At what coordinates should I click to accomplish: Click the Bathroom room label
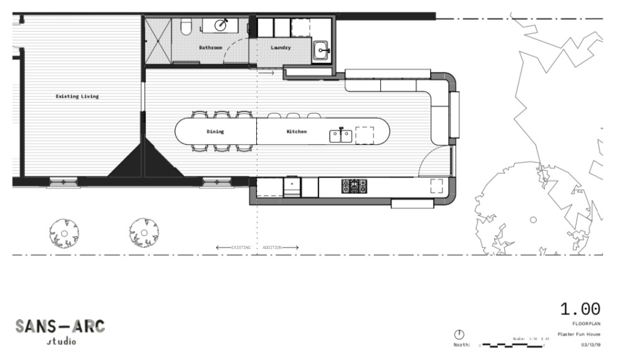211,47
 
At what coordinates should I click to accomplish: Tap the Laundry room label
280,47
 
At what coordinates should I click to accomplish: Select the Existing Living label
77,97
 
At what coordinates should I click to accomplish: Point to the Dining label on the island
215,131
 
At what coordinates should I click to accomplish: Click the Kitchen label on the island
296,131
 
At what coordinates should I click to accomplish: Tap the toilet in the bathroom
185,26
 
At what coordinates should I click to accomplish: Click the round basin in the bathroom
221,25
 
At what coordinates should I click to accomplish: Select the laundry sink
321,49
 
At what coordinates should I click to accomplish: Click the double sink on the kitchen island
340,135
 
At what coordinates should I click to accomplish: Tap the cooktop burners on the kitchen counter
354,185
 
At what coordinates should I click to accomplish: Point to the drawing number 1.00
580,309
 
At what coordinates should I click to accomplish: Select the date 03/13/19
590,343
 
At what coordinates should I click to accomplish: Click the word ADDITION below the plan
272,247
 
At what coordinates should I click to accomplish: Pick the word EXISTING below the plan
241,247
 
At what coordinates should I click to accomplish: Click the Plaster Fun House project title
579,334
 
